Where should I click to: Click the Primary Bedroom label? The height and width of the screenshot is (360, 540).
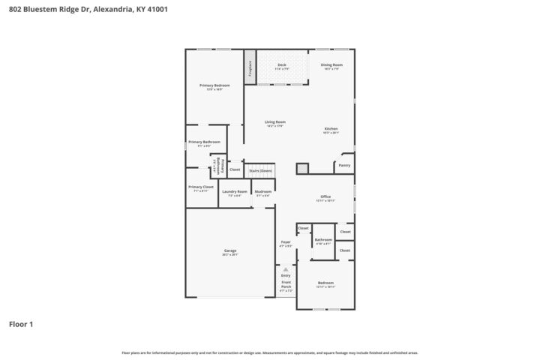(214, 85)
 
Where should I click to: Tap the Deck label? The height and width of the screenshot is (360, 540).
(282, 65)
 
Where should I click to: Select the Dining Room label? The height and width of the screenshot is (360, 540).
(331, 65)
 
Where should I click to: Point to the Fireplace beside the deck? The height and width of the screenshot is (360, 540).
(249, 67)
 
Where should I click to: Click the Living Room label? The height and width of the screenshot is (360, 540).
(275, 122)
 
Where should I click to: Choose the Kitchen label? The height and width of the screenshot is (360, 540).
(331, 129)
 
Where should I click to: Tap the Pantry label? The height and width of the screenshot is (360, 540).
(344, 165)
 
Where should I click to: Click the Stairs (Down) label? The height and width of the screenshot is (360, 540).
(260, 171)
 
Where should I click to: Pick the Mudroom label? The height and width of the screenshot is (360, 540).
(262, 192)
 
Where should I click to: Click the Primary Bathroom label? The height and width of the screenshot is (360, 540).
(204, 142)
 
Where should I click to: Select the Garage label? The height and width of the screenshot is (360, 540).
(230, 250)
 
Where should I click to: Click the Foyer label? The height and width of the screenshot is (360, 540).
(286, 242)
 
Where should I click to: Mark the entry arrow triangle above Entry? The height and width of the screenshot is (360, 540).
(285, 268)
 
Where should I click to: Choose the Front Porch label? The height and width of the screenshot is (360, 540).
(285, 285)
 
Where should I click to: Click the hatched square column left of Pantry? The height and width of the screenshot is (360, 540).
(302, 169)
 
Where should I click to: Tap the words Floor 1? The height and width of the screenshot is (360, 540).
(21, 325)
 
